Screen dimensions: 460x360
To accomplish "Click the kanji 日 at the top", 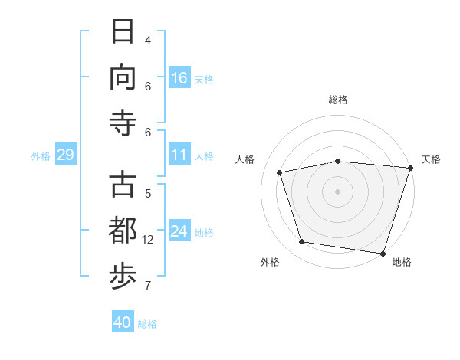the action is (123, 31).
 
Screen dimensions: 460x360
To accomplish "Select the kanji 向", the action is (123, 77).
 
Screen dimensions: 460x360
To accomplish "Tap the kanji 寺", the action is (123, 123).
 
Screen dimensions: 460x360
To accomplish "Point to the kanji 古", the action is (123, 185).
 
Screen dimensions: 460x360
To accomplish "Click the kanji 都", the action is (123, 230).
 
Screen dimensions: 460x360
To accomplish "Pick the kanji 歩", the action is (123, 277).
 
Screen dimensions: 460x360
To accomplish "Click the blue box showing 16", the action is (179, 77).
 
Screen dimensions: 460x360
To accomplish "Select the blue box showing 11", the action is (179, 154).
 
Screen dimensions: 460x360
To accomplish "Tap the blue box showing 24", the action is (179, 230).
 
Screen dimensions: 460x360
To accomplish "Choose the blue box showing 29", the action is (66, 154).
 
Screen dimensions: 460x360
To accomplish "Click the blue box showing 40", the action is (123, 321).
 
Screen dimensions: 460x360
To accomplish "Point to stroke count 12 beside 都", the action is (147, 240).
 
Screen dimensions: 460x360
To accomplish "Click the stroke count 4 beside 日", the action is (148, 41).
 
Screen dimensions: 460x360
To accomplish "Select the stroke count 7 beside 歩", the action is (148, 286).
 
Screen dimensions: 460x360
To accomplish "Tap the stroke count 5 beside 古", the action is (148, 194).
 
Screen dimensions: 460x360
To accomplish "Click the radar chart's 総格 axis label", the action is (338, 100).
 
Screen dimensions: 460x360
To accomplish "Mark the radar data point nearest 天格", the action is (411, 168).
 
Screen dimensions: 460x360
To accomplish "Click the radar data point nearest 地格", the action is (383, 254).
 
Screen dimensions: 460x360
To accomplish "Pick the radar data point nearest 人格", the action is (279, 172).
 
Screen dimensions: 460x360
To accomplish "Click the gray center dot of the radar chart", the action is (337, 191).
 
